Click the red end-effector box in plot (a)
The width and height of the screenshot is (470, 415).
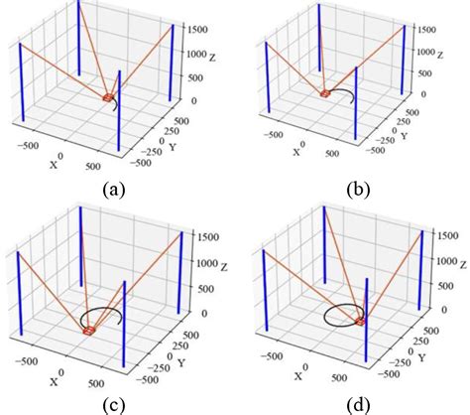pos(108,97)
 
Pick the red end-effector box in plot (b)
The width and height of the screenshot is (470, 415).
pos(324,93)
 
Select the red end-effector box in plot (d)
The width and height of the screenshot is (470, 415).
pos(360,321)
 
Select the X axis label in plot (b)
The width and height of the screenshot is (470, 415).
pos(295,152)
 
